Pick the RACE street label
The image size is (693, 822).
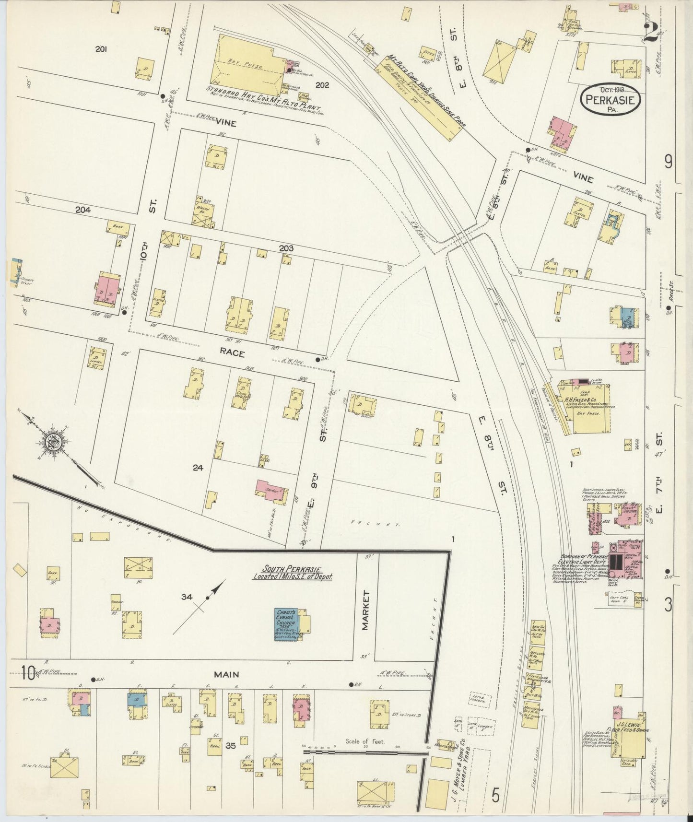(x=233, y=353)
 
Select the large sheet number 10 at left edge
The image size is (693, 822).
(x=28, y=674)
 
